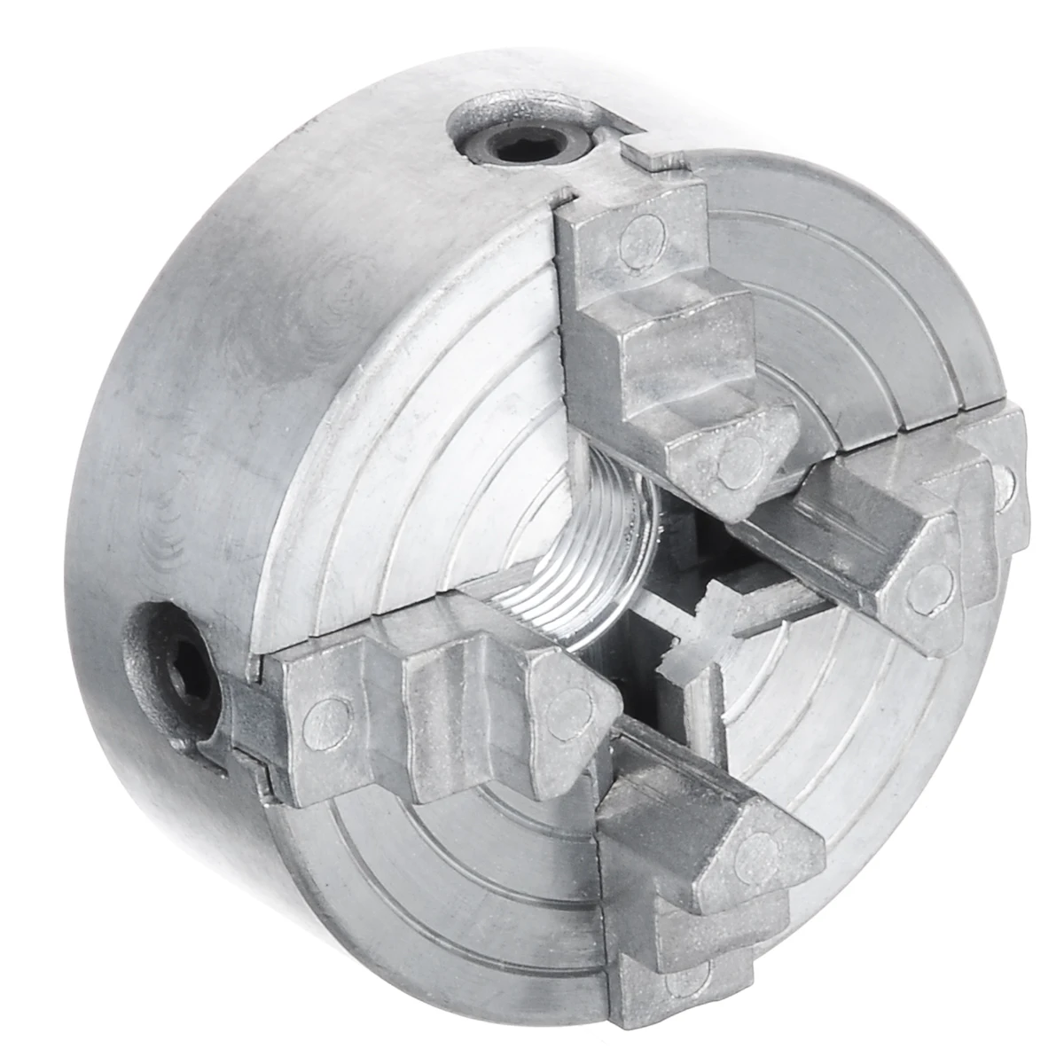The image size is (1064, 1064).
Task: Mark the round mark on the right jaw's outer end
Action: click(1004, 480)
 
